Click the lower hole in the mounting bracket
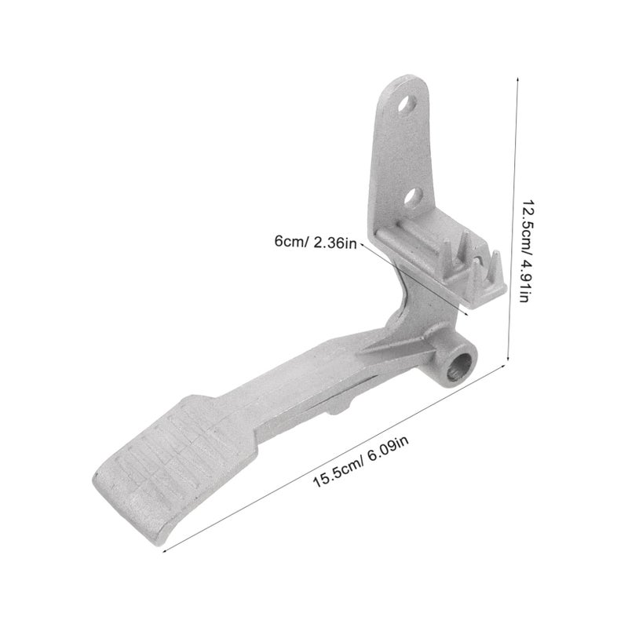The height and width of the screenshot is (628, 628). (414, 197)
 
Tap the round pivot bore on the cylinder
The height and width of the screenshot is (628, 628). (458, 367)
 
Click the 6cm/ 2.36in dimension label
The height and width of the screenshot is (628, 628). (316, 242)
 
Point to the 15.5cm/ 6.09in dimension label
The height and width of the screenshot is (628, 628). (360, 462)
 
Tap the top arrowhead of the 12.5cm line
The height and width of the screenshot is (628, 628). (517, 80)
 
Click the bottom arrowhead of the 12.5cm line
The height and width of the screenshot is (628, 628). (508, 359)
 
